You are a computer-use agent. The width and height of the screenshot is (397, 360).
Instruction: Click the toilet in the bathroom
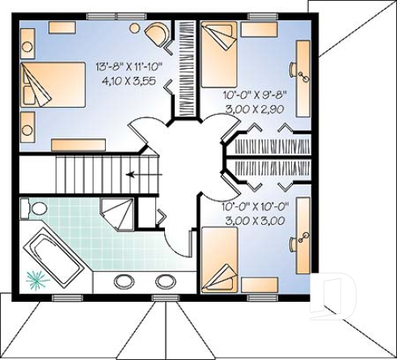(x=36, y=209)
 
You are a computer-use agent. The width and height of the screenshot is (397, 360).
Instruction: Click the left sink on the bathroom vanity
(x=125, y=282)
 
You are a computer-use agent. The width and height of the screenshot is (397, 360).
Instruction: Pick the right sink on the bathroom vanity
(x=164, y=282)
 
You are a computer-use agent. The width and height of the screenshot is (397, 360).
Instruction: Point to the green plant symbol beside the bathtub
(x=35, y=280)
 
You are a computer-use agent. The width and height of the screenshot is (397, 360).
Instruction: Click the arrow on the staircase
(x=139, y=173)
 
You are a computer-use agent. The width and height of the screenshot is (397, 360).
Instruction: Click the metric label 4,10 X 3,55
(x=129, y=81)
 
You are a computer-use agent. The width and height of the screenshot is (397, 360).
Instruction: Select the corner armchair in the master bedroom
(x=157, y=33)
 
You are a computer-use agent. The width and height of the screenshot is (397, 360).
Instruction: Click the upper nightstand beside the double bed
(x=27, y=40)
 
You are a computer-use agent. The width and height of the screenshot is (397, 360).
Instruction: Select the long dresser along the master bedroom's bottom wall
(x=78, y=144)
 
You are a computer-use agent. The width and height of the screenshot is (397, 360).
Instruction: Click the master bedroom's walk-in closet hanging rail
(x=184, y=69)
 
